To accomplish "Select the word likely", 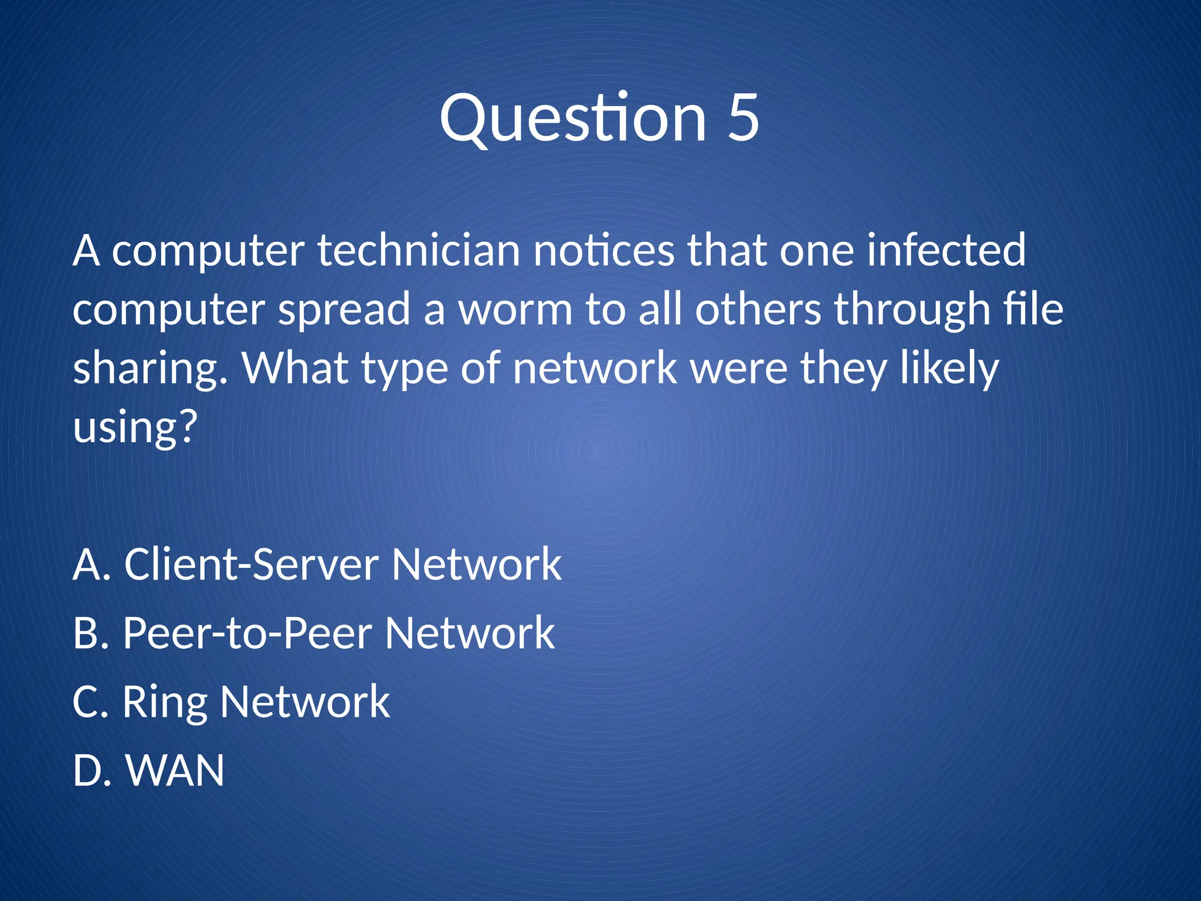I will click(x=949, y=370).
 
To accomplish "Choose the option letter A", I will click(x=87, y=564).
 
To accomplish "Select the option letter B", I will click(x=86, y=634).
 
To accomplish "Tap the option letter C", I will click(x=86, y=702).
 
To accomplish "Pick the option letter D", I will click(x=87, y=771).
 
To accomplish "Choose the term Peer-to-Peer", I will click(x=247, y=634).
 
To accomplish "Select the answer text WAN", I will click(x=175, y=771).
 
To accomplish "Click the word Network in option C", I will click(x=305, y=702).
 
